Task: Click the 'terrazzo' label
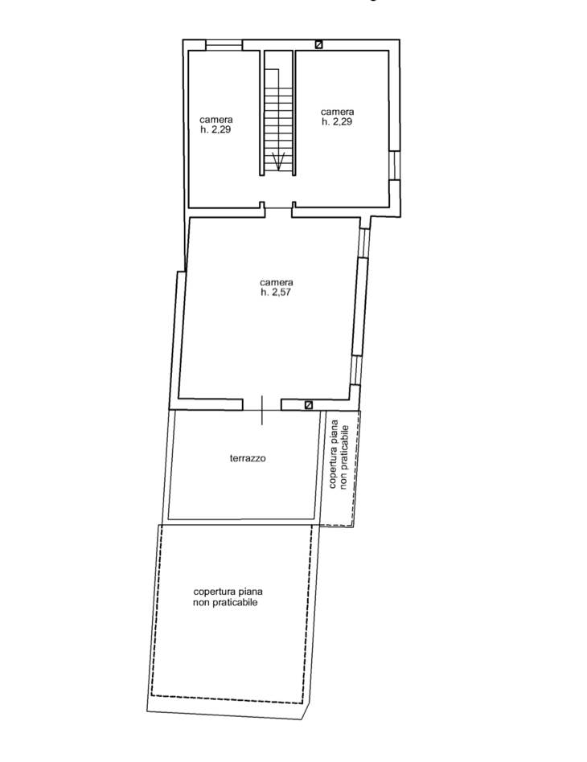point(248,458)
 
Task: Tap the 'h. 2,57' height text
point(276,292)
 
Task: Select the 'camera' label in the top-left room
point(216,120)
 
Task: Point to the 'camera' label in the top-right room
point(338,112)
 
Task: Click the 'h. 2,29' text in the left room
point(216,129)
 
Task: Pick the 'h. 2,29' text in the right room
point(337,122)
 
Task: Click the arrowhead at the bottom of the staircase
point(278,162)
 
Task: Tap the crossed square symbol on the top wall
point(318,45)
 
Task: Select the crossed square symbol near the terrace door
point(308,404)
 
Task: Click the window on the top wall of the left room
point(224,45)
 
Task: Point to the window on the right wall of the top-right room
point(394,166)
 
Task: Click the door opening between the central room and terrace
point(262,405)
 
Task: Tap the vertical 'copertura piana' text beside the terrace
point(334,453)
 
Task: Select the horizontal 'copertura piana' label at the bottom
point(228,592)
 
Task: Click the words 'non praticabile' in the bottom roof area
point(225,603)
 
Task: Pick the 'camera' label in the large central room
point(277,282)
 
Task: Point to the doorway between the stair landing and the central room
point(278,208)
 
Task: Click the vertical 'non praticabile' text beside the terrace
point(345,457)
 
